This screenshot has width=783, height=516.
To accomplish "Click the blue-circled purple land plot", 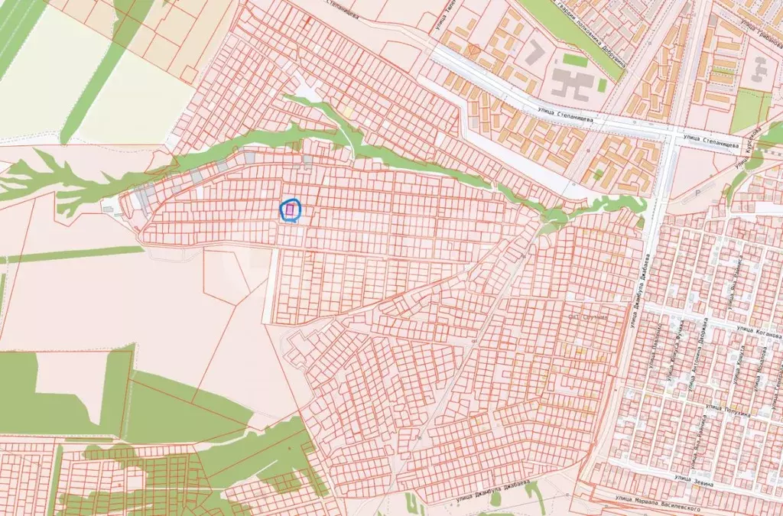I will [x=291, y=209].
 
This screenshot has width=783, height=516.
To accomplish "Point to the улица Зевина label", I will [x=694, y=482].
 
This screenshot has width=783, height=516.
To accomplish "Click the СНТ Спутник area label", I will [x=588, y=316].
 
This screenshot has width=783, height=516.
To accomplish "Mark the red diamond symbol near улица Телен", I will [x=473, y=50].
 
